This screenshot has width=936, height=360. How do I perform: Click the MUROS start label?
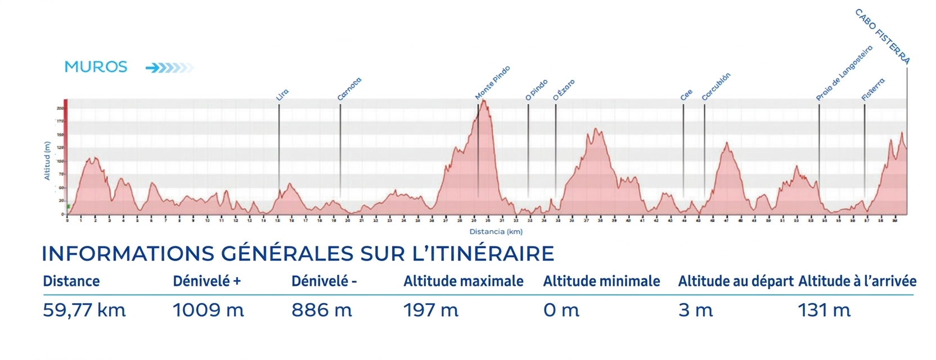pos(96,67)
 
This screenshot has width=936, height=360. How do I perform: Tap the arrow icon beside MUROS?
pos(169,68)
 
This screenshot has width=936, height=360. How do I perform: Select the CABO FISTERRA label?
pos(882,37)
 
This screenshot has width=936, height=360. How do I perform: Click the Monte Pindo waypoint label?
pos(492,83)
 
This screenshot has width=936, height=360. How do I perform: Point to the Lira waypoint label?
pos(282,95)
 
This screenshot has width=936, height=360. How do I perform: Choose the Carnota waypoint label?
pos(349,89)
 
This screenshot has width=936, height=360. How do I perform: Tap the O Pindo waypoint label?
pos(536,90)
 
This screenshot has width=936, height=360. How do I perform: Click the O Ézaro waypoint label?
pos(564,90)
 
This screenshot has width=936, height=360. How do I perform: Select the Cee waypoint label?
pos(686,95)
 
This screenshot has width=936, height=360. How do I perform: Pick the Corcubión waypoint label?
pos(716,87)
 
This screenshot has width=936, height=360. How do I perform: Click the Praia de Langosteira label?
pos(844,73)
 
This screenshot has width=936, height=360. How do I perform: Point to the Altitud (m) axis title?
pos(47,161)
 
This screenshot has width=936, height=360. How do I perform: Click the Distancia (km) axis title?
pos(496,231)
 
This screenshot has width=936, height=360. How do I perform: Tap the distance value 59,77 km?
pos(84,310)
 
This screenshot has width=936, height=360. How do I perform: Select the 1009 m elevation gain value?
pos(208,310)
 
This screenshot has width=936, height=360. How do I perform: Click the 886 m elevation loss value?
pos(322,310)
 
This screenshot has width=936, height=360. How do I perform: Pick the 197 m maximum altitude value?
pos(431,310)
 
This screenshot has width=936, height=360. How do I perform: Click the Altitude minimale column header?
pos(601,281)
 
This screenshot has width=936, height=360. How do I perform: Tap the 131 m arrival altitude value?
pos(824,310)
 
